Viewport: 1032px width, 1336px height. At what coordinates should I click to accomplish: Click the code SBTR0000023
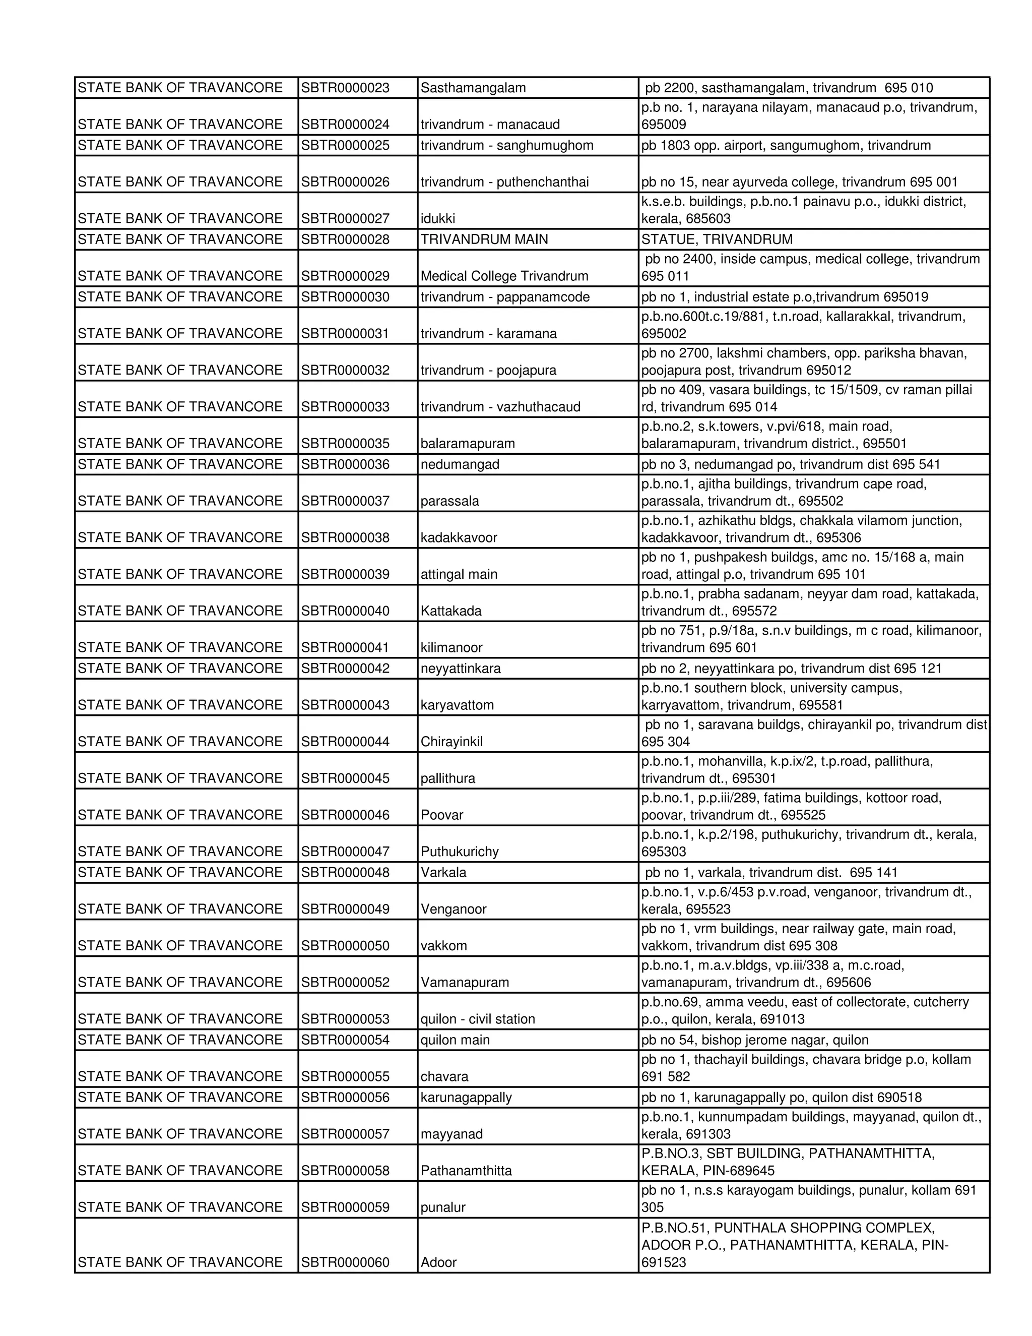(x=345, y=88)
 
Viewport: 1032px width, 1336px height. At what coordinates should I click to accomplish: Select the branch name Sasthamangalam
(x=473, y=88)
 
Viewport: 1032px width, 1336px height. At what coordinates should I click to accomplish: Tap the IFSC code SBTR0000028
(x=345, y=239)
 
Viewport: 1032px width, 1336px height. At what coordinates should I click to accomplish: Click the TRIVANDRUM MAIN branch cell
(x=484, y=239)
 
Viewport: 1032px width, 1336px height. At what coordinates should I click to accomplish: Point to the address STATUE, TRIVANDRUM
(x=717, y=239)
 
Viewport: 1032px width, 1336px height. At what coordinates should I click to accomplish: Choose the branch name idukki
(x=438, y=218)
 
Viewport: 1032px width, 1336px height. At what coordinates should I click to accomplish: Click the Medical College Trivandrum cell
(x=504, y=276)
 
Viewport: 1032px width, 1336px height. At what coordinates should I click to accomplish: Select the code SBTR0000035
(x=345, y=444)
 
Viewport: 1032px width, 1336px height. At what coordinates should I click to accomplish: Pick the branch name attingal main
(x=459, y=574)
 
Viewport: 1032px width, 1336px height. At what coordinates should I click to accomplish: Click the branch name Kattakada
(x=450, y=611)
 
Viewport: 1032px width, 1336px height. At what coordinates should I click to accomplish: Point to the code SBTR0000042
(x=345, y=668)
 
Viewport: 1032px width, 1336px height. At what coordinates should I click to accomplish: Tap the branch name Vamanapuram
(x=465, y=983)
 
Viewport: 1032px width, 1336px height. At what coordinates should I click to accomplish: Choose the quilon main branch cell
(x=455, y=1040)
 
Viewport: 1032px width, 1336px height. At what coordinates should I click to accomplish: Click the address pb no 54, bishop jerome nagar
(x=754, y=1040)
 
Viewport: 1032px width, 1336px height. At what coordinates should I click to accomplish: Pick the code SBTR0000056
(x=345, y=1098)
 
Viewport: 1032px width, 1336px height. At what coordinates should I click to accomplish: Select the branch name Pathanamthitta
(x=466, y=1170)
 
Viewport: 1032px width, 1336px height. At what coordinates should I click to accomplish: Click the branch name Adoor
(x=438, y=1262)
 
